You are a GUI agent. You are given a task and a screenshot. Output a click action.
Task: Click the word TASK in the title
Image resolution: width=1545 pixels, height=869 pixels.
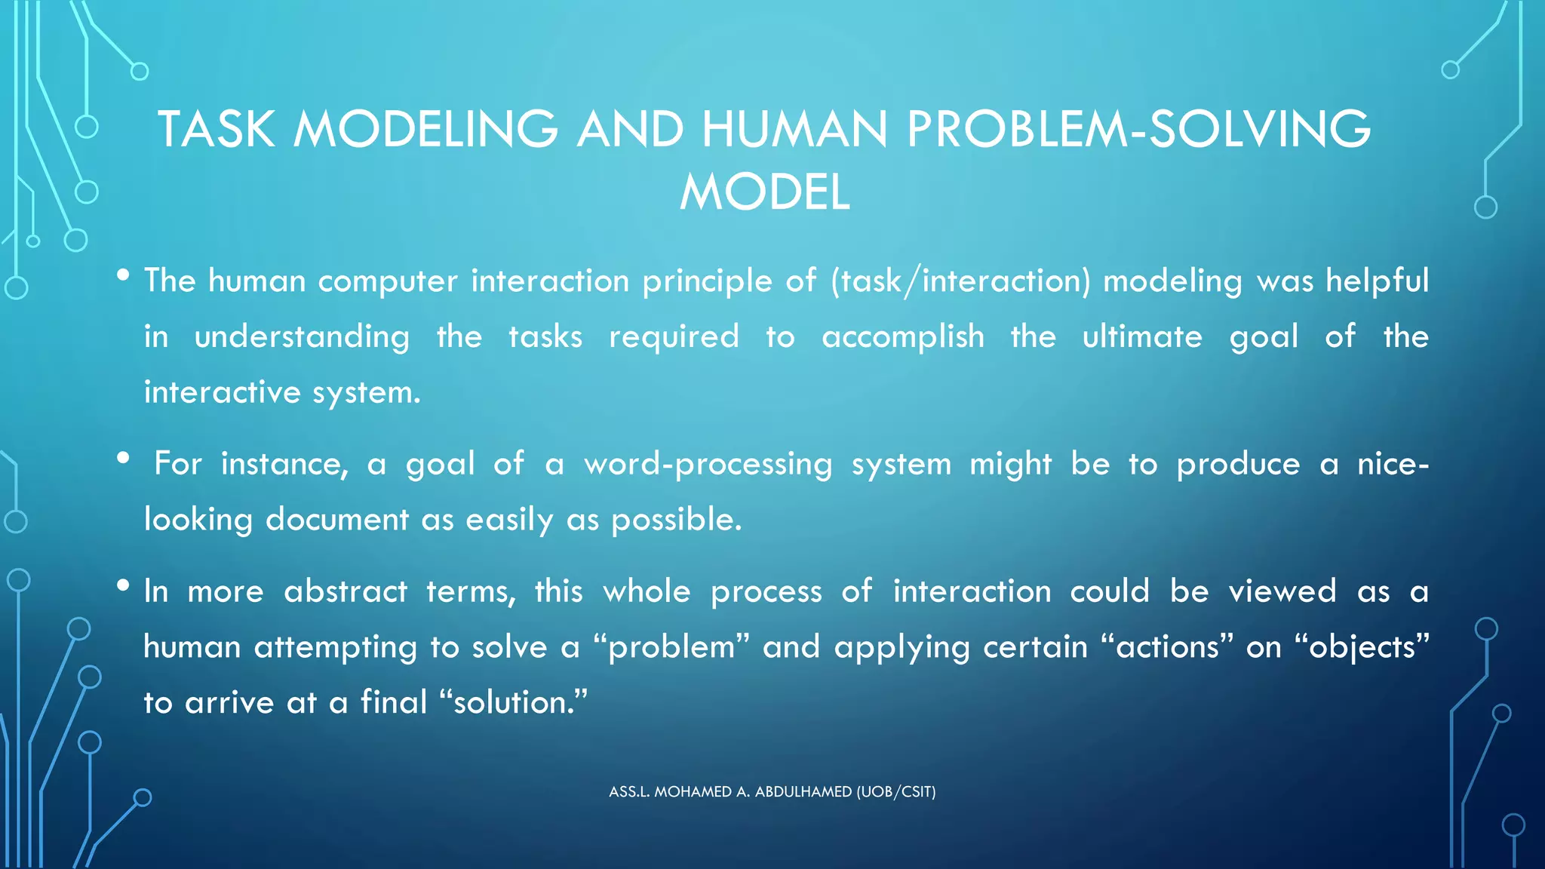pyautogui.click(x=217, y=129)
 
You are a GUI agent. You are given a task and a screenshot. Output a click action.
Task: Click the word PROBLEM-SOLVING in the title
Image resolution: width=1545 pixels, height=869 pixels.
pyautogui.click(x=1138, y=129)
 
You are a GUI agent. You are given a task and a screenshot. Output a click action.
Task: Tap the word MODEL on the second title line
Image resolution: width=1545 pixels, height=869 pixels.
pyautogui.click(x=765, y=192)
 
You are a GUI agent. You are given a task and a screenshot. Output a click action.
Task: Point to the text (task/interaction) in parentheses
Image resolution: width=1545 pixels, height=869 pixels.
pyautogui.click(x=960, y=281)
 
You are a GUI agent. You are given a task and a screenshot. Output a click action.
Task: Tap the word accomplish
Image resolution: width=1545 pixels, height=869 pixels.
pyautogui.click(x=902, y=337)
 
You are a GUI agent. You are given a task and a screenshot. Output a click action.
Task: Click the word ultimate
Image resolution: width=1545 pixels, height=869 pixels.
pyautogui.click(x=1142, y=337)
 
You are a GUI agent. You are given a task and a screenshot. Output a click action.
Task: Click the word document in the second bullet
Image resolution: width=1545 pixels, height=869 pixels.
pyautogui.click(x=337, y=520)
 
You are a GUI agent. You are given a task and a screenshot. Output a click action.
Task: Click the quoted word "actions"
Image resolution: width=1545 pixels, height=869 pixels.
pyautogui.click(x=1167, y=648)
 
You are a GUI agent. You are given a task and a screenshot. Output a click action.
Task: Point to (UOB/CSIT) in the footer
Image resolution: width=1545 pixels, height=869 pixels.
pyautogui.click(x=895, y=792)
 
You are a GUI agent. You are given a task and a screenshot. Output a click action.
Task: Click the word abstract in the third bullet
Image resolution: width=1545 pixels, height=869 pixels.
pyautogui.click(x=346, y=591)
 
